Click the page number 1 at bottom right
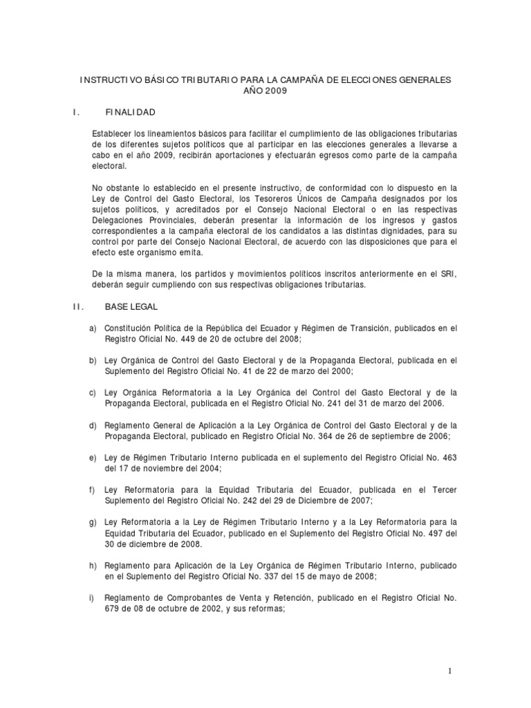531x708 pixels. coord(449,671)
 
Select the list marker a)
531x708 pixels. coord(93,328)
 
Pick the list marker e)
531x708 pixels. coord(93,458)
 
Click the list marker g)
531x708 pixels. coord(93,522)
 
